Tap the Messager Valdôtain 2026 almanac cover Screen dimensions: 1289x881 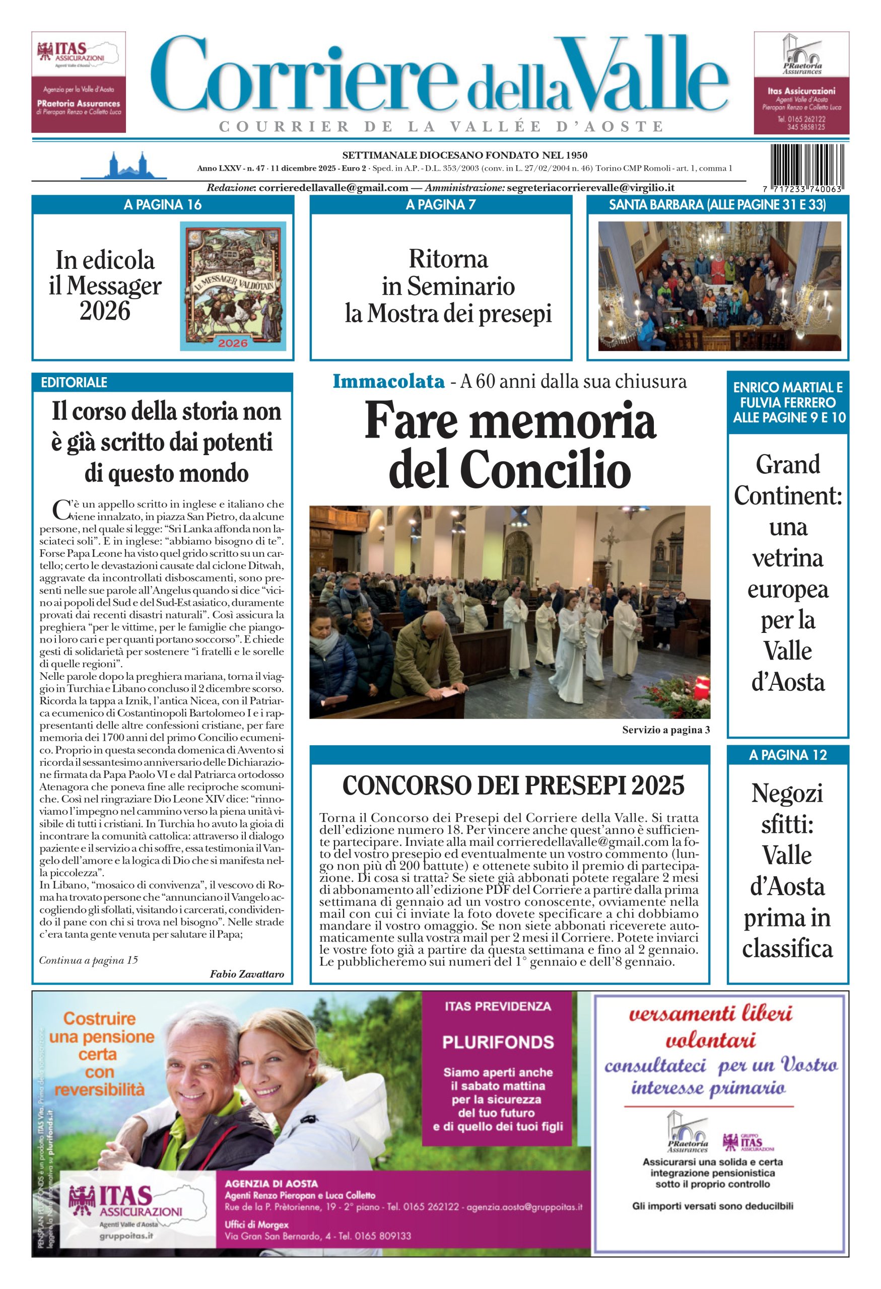click(x=233, y=285)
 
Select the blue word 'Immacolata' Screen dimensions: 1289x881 click(x=388, y=382)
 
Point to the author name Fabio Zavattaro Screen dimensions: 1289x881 click(x=247, y=974)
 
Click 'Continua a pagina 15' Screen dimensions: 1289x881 click(x=88, y=960)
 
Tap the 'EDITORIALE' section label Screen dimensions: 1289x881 click(x=74, y=382)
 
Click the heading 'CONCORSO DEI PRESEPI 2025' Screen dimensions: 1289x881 click(x=513, y=785)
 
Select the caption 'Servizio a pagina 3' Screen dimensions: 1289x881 click(x=666, y=730)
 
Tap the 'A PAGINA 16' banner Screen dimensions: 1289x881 click(x=163, y=204)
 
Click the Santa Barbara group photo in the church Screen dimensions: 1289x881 click(x=719, y=285)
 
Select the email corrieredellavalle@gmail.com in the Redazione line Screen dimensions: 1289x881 click(x=333, y=187)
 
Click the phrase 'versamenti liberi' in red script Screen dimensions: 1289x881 click(x=710, y=1015)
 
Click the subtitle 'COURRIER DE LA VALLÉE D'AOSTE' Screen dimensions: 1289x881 click(x=442, y=126)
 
